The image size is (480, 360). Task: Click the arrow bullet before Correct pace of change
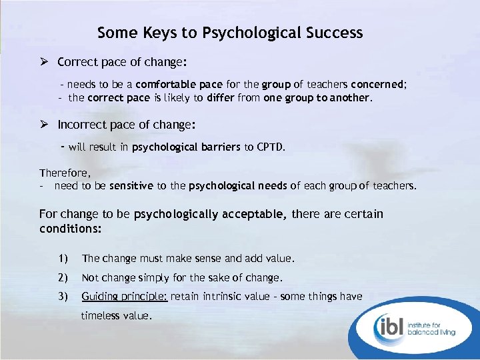tap(45, 62)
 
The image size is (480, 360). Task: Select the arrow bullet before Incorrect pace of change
tap(45, 125)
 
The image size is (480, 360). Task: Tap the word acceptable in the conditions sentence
tap(254, 215)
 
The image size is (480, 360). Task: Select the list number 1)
tap(63, 258)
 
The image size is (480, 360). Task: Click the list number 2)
tap(63, 277)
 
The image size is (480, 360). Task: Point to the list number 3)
tap(63, 296)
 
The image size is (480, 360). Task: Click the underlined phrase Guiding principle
tap(124, 297)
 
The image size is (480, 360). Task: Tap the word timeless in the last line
tap(101, 316)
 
